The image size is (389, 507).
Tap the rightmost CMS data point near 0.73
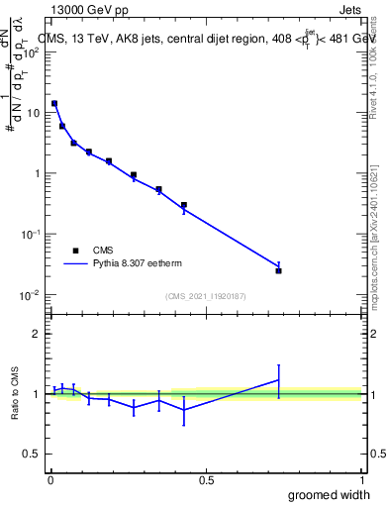coord(278,270)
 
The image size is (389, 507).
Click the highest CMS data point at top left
coord(54,103)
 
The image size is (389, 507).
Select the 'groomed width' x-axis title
coord(331,494)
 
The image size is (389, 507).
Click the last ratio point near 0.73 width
coord(278,380)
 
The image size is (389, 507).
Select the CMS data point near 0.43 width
coord(184,205)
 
